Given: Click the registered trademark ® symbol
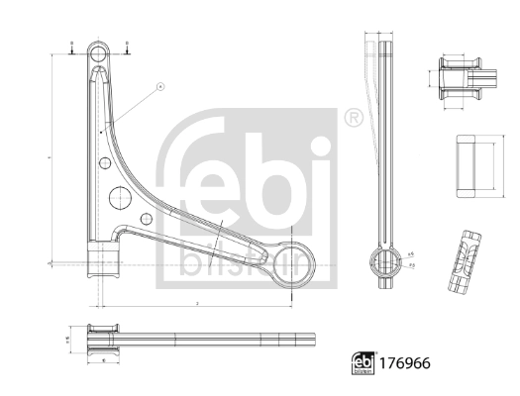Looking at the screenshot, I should click(351, 118).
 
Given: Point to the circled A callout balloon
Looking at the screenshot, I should click(158, 86).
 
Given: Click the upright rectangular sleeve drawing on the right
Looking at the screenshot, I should click(474, 163).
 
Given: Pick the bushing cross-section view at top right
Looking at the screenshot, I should click(462, 76).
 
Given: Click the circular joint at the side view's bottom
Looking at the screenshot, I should click(383, 261).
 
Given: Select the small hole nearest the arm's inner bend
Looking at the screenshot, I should click(146, 219).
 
